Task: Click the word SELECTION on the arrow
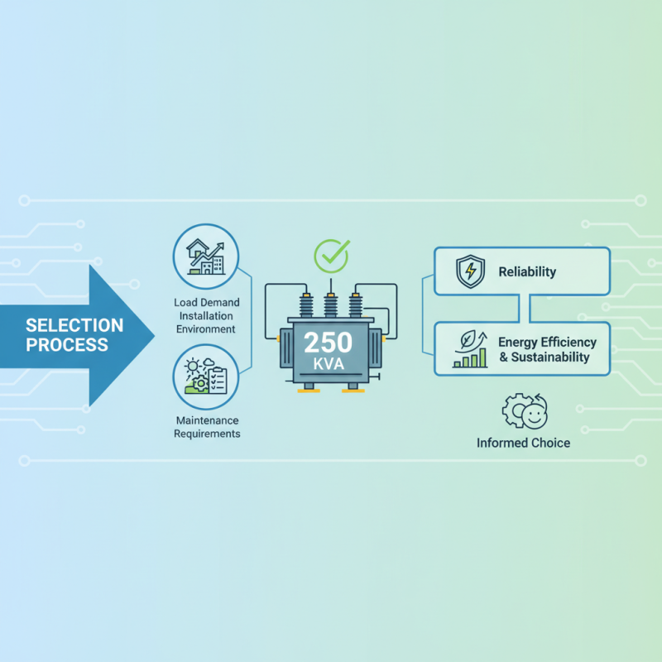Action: (74, 325)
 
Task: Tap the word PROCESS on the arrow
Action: (67, 344)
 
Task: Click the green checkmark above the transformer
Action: (332, 256)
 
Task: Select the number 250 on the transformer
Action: (328, 342)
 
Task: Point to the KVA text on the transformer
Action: (329, 364)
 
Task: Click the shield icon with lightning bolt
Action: (470, 271)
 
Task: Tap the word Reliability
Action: (527, 272)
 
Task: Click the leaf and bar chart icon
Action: (471, 349)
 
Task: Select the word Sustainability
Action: (550, 357)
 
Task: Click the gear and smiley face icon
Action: (525, 411)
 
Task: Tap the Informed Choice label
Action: (524, 443)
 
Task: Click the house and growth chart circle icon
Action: (206, 257)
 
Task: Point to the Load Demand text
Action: (207, 302)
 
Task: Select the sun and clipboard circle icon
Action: (206, 377)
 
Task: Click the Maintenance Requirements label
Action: (208, 427)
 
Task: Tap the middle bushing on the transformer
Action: (331, 303)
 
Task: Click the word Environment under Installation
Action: (206, 329)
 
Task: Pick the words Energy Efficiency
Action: (548, 343)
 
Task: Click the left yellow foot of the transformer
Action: (309, 391)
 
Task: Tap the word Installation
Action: (206, 316)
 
